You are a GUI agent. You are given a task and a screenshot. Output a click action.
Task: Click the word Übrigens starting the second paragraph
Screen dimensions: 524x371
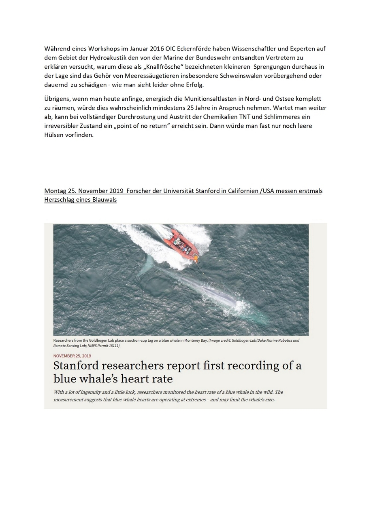[56, 99]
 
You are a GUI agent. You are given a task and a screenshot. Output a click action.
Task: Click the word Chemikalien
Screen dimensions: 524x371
[214, 117]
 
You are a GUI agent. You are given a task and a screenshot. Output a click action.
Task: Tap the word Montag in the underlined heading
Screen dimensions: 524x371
[55, 191]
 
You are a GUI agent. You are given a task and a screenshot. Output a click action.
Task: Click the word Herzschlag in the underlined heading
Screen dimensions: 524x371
[59, 200]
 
